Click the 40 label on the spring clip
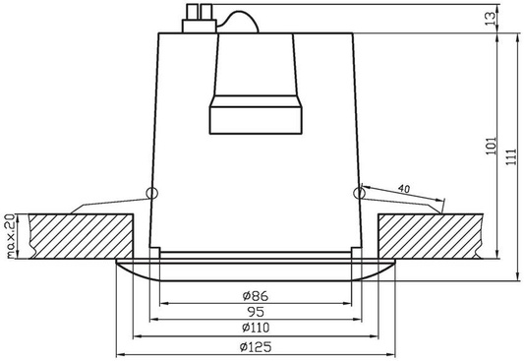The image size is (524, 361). click(404, 187)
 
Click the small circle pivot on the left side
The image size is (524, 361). click(150, 193)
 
